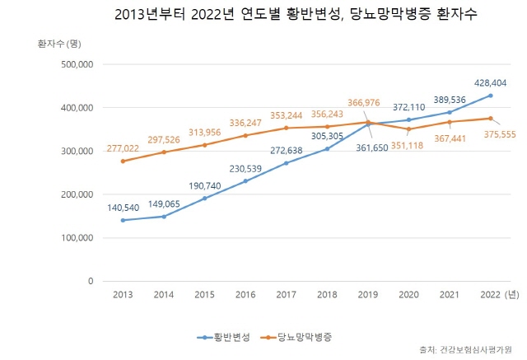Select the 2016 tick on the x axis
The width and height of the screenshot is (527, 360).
245,294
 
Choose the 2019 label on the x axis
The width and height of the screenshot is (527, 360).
367,294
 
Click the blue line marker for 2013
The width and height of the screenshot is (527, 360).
123,220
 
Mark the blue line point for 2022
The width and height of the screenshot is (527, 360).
490,96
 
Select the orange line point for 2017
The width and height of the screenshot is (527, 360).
286,128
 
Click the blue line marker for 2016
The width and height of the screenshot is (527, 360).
245,181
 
